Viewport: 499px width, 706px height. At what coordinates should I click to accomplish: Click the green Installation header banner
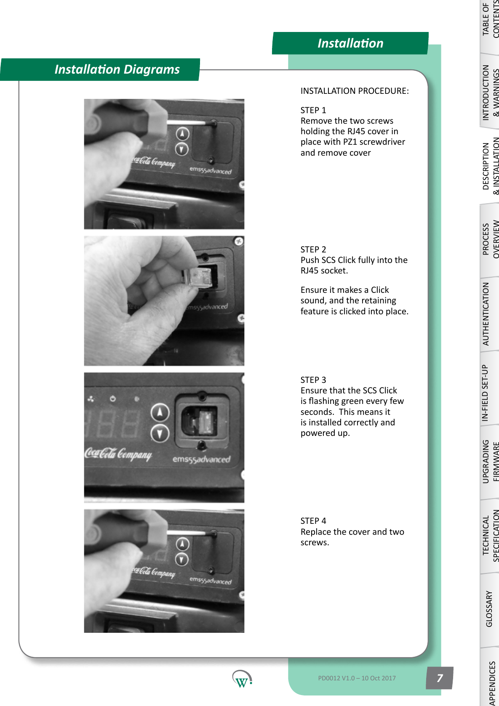coord(350,43)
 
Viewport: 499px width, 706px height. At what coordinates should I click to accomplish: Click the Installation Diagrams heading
coord(117,69)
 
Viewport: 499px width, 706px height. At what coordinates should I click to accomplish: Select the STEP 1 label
coord(313,110)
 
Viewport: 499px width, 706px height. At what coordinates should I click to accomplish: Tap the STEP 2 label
coord(313,249)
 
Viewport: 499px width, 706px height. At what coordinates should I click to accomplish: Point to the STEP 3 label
coord(313,380)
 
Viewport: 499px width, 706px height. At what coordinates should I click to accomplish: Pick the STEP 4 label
coord(313,521)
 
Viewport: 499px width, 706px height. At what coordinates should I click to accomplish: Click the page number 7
coord(440,678)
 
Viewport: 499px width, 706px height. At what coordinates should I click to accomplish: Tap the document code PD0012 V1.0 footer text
coord(357,678)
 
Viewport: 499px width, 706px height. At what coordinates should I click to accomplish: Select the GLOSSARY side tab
coord(489,609)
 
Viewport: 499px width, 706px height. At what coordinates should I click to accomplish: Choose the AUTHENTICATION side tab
coord(486,314)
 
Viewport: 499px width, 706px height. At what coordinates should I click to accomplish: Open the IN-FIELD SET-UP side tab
coord(485,393)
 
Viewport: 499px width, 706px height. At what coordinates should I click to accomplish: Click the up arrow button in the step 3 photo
coord(160,412)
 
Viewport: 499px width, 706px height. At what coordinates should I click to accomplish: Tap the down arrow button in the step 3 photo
coord(160,433)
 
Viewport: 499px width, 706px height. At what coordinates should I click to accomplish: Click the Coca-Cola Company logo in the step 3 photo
coord(118,454)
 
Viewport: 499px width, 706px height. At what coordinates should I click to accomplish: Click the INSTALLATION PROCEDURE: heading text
coord(354,91)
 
